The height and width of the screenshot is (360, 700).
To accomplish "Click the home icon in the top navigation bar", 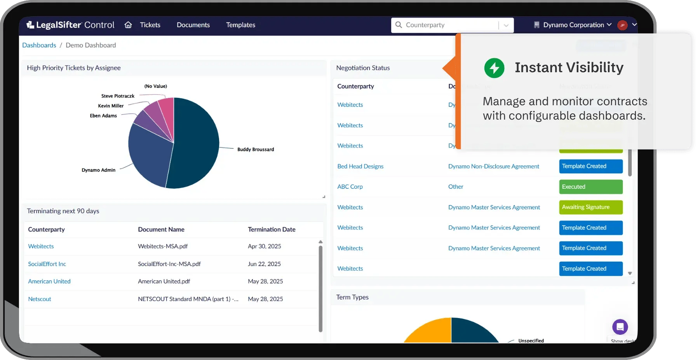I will click(x=128, y=25).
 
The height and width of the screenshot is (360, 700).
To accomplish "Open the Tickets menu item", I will click(x=150, y=25).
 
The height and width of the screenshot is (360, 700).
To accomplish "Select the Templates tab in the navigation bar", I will click(x=240, y=25).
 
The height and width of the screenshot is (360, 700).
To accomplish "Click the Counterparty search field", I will click(x=447, y=25).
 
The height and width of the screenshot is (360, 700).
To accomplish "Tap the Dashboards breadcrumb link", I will click(x=39, y=45).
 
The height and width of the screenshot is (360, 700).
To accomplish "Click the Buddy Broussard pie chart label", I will click(x=256, y=150).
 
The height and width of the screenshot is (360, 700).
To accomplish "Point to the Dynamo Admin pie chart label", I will click(x=98, y=170).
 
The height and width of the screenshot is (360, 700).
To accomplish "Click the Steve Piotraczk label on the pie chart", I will click(x=118, y=96).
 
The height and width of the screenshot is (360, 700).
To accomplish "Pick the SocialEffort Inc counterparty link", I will click(x=47, y=264).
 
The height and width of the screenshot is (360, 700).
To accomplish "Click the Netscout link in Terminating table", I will click(x=40, y=299).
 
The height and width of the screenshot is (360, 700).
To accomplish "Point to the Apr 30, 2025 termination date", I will click(x=265, y=246).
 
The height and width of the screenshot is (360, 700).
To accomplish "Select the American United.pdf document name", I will click(x=164, y=282).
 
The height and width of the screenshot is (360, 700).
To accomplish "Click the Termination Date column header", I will click(x=272, y=230).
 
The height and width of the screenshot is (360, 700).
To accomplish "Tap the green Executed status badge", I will click(x=590, y=187).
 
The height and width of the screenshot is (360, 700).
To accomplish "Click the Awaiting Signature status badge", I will click(x=590, y=207).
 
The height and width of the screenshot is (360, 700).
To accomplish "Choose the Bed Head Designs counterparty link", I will click(x=360, y=166).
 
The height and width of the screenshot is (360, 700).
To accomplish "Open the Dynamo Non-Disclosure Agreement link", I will click(x=494, y=166).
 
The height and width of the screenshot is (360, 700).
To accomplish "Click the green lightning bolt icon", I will click(x=494, y=68).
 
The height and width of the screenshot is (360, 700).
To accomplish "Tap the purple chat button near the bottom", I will click(x=620, y=327).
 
